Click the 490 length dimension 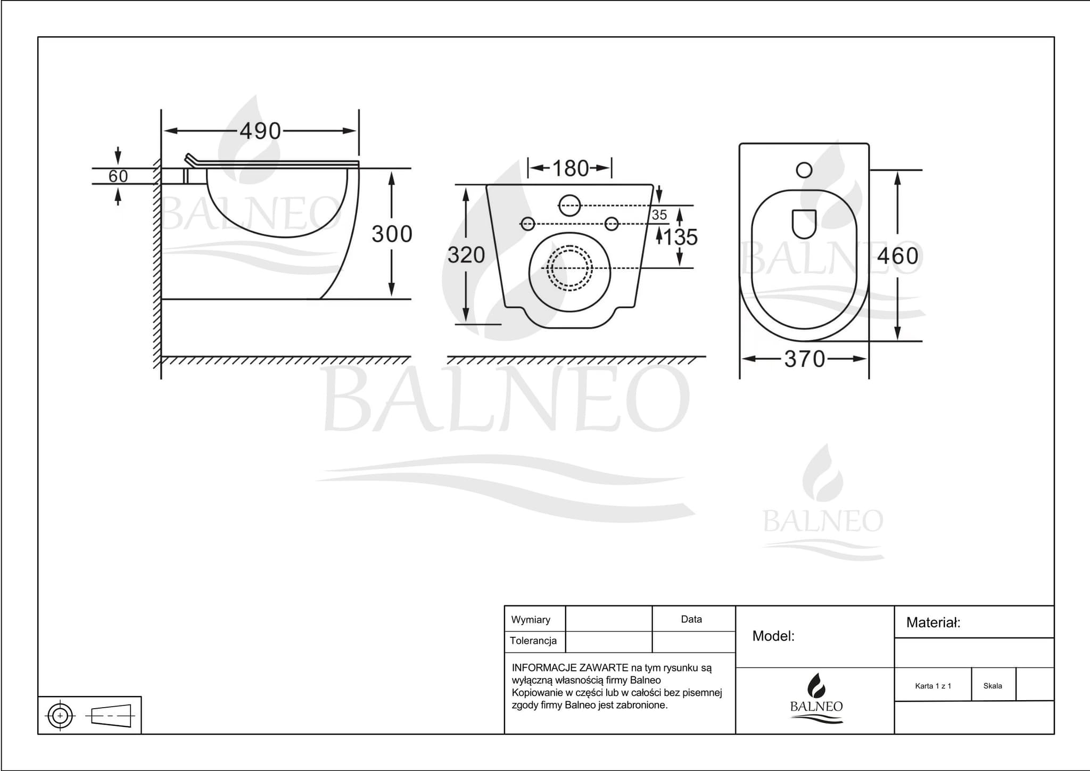click(x=260, y=131)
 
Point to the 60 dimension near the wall click(x=118, y=176)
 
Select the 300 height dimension click(x=392, y=234)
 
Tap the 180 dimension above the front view click(x=570, y=169)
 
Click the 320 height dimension click(x=466, y=256)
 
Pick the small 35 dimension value click(x=659, y=215)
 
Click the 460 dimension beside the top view click(x=897, y=256)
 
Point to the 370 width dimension click(x=804, y=359)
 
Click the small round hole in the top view click(x=804, y=170)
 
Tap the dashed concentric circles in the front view click(x=569, y=268)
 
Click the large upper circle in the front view click(x=569, y=205)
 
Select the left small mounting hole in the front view click(x=527, y=224)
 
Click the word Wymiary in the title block click(x=530, y=620)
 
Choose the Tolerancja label click(x=533, y=641)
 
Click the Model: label click(x=773, y=636)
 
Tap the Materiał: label click(x=933, y=623)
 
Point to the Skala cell click(x=993, y=686)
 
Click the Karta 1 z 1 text click(x=932, y=686)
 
